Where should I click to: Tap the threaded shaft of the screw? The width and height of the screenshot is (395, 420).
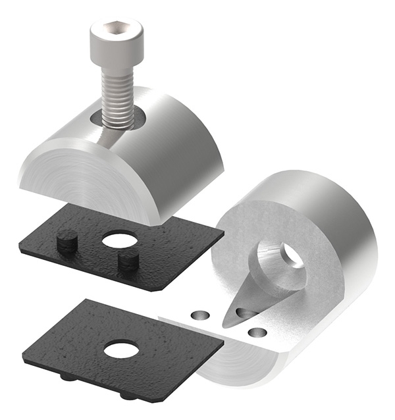click(117, 95)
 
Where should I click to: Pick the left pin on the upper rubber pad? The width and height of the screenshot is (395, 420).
click(66, 243)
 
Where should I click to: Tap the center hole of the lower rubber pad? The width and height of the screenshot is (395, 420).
click(121, 348)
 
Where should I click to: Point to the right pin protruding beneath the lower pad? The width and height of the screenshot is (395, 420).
click(128, 395)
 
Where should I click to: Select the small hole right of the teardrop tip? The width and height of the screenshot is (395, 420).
click(259, 332)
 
